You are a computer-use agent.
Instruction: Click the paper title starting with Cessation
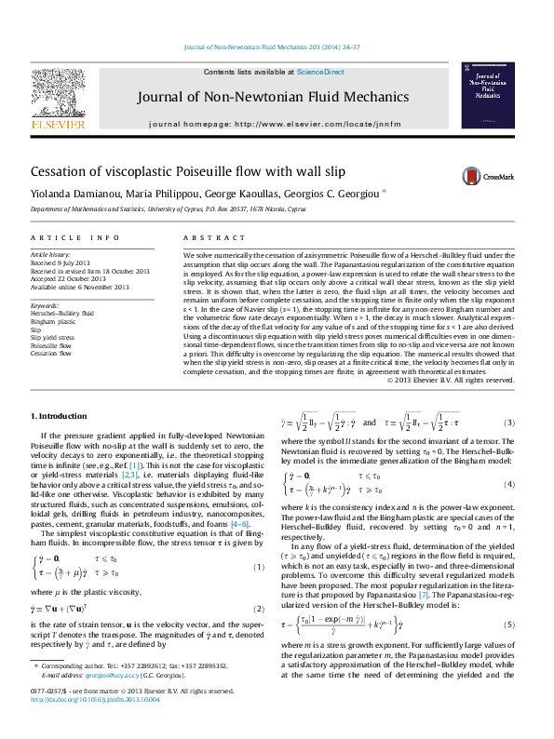[175, 172]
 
